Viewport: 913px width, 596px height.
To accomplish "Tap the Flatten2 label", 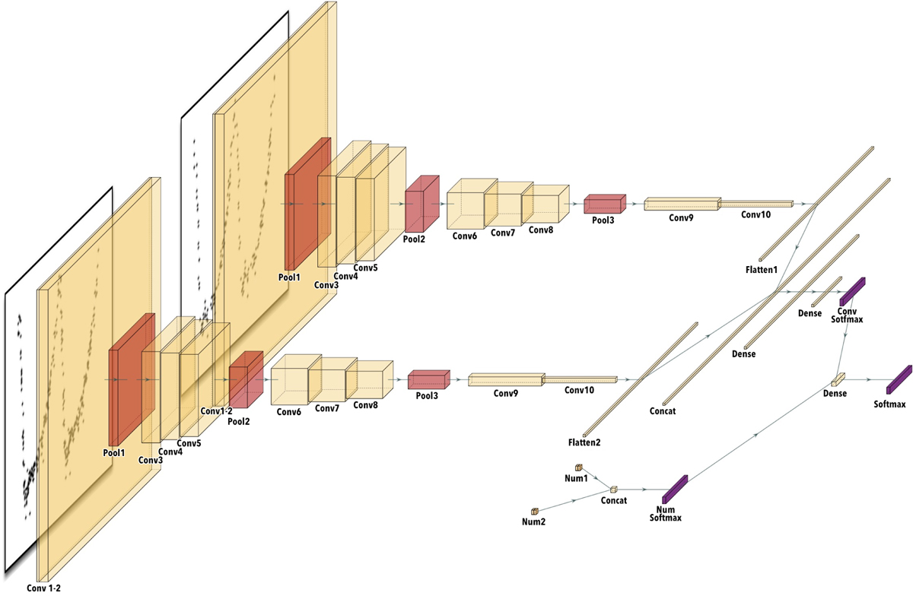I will tap(585, 442).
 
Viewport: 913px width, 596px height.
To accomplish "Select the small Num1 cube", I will tap(578, 468).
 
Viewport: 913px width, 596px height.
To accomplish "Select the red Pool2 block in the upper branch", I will tap(423, 201).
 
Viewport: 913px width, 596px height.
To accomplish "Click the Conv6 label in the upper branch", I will tap(465, 236).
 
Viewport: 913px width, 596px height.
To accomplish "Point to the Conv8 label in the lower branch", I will tap(364, 406).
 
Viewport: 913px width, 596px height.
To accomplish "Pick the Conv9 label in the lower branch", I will tap(505, 393).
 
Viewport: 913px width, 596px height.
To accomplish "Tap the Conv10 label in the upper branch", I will tap(756, 215).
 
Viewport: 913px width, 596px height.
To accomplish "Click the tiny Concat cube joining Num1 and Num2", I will tap(613, 490).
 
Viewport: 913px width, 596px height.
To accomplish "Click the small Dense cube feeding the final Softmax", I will tap(838, 378).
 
